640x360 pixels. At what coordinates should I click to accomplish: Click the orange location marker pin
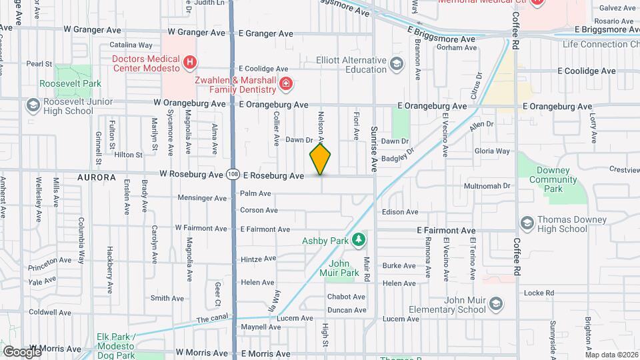coord(321,159)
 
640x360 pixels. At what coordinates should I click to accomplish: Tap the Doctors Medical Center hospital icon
coord(191,63)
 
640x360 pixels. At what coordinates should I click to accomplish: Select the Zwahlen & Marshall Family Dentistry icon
coord(286,84)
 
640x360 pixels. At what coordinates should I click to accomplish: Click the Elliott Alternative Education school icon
coord(397,64)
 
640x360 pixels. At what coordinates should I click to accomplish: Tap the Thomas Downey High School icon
coord(527,222)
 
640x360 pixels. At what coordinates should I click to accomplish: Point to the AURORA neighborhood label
coord(97,178)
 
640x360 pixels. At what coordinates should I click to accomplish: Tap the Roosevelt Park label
coord(70,83)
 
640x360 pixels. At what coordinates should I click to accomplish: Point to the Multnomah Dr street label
coord(487,186)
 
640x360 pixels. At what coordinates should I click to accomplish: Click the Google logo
coord(22,351)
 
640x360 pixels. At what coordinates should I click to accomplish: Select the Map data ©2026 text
coord(611,355)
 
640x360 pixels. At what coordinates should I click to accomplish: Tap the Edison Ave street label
coord(400,212)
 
